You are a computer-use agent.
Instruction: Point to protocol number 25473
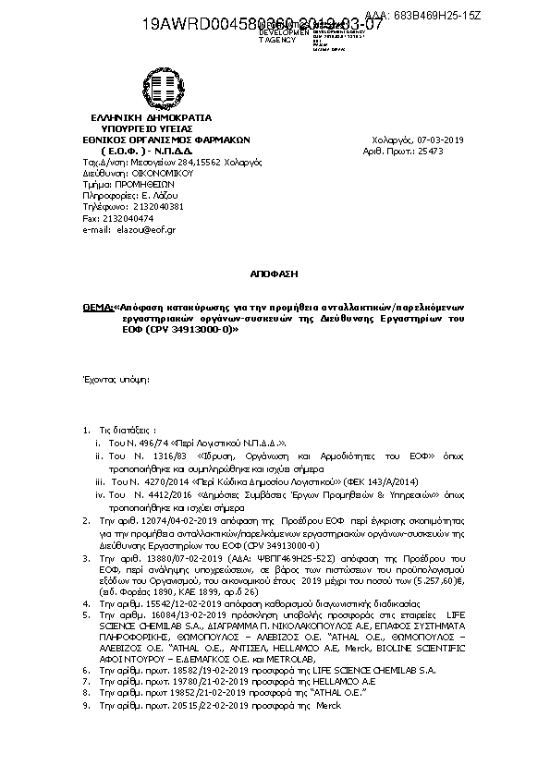click(451, 150)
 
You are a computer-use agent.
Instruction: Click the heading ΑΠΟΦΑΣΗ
click(275, 274)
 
